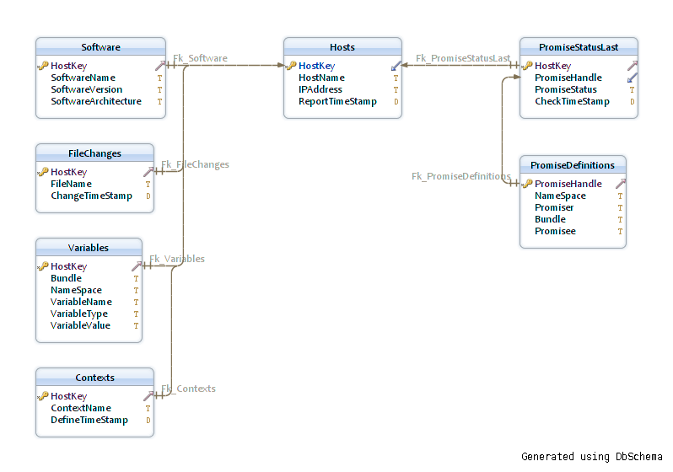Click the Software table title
click(x=101, y=47)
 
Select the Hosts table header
click(x=342, y=47)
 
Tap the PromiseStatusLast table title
click(x=579, y=47)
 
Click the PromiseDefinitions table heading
click(x=573, y=165)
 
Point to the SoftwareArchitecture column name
click(x=96, y=101)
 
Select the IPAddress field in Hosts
click(x=320, y=89)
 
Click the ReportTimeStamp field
click(x=338, y=101)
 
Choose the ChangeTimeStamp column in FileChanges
click(x=91, y=196)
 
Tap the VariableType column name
click(x=79, y=314)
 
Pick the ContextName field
click(x=81, y=408)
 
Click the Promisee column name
click(x=556, y=231)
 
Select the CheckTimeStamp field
click(x=572, y=101)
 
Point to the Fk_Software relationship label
click(x=200, y=58)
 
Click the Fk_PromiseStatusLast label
click(x=463, y=58)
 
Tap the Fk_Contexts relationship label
click(x=188, y=389)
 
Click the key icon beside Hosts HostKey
click(x=291, y=66)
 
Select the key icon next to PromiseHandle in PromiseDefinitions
click(x=527, y=184)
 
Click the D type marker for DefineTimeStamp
click(x=148, y=420)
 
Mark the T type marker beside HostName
click(x=396, y=78)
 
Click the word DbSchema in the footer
click(x=639, y=457)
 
